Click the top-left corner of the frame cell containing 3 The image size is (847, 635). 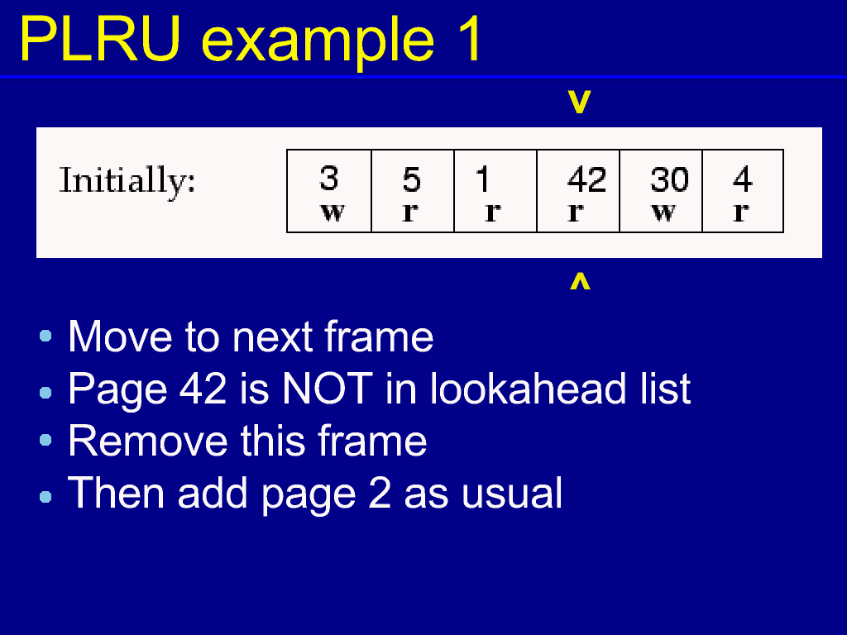[x=287, y=150]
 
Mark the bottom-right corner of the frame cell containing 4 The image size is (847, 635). [x=783, y=232]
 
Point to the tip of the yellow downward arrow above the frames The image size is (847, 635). [x=580, y=112]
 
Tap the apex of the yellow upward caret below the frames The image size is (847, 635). [x=580, y=273]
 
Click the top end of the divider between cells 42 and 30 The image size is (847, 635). [x=620, y=150]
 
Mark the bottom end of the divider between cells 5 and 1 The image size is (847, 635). [x=454, y=232]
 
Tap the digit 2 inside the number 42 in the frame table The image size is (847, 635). [x=596, y=179]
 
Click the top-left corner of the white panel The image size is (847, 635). [x=36, y=127]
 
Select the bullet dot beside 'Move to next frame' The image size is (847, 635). [x=46, y=337]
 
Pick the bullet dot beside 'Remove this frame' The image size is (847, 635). [x=46, y=440]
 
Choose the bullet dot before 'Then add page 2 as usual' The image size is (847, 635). [x=46, y=496]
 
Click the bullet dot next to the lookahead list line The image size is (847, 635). [x=46, y=393]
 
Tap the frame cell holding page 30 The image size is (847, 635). [x=661, y=191]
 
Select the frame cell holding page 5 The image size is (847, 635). [x=414, y=191]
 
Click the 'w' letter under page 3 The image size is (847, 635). [x=333, y=212]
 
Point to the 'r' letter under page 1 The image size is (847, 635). [x=493, y=212]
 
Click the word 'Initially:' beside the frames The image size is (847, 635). [x=127, y=181]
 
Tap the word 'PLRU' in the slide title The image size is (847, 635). [x=100, y=40]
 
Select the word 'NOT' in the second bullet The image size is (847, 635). [x=328, y=389]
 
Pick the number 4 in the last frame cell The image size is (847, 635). [x=743, y=179]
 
